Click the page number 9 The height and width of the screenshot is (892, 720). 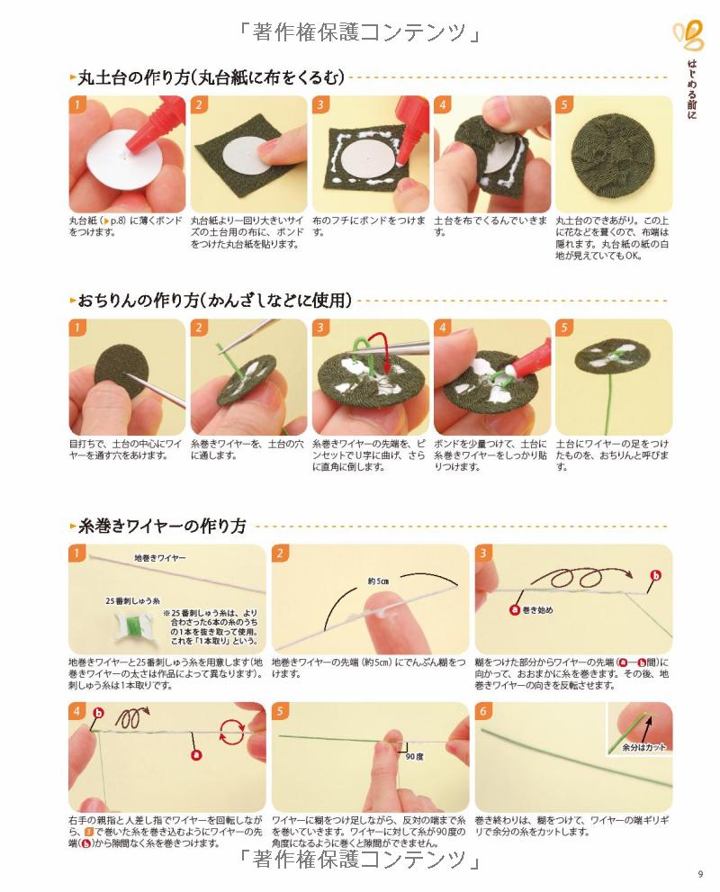(x=700, y=874)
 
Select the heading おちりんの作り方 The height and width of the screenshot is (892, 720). (x=139, y=300)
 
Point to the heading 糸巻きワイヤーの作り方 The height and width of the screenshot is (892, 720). (x=162, y=526)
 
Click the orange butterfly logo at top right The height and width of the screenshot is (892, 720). (x=689, y=35)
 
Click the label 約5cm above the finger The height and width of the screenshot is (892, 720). (x=378, y=581)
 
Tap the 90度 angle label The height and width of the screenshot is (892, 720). (x=414, y=757)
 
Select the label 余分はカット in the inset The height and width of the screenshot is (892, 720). (x=643, y=747)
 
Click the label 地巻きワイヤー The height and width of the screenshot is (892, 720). (x=160, y=558)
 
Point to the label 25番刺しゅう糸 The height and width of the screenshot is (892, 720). (x=132, y=600)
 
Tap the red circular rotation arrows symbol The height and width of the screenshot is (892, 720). (x=232, y=732)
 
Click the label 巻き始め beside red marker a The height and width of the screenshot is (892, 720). (x=537, y=610)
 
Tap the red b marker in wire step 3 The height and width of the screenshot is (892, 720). (x=656, y=576)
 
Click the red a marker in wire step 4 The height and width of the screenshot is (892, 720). (x=196, y=755)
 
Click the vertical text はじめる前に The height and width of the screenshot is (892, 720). (x=691, y=89)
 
